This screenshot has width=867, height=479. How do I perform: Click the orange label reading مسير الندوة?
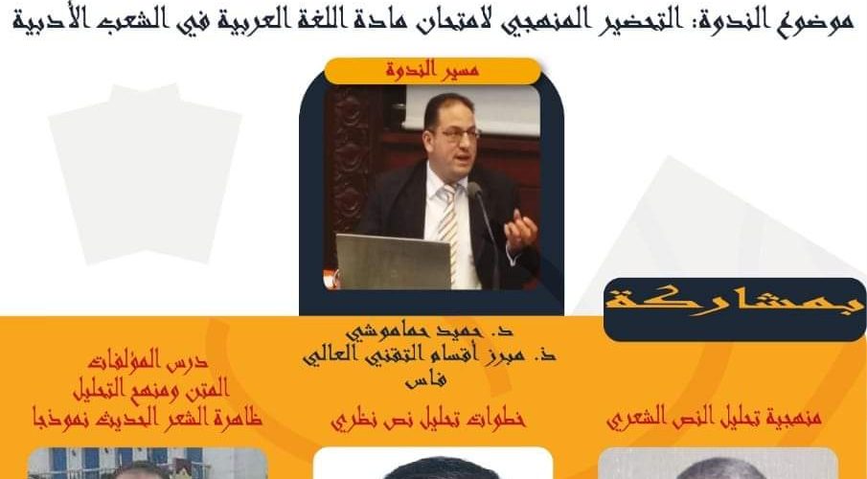click(432, 71)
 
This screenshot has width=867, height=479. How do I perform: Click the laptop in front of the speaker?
click(393, 262)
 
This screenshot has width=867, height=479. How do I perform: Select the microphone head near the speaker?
click(475, 191)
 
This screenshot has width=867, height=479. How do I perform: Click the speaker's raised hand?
click(520, 231)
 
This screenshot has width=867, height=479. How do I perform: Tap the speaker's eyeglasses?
click(460, 134)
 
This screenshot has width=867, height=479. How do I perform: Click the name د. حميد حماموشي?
click(429, 331)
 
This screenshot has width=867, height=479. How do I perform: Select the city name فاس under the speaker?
click(425, 379)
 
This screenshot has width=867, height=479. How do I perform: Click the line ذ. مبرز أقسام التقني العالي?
click(429, 355)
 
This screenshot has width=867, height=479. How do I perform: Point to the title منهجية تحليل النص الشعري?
click(714, 418)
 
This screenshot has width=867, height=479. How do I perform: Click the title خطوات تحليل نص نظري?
click(428, 419)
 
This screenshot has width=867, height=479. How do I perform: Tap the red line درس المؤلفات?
click(148, 360)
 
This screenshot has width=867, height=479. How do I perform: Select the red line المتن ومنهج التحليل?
click(151, 389)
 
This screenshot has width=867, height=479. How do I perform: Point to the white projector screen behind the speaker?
click(471, 109)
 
